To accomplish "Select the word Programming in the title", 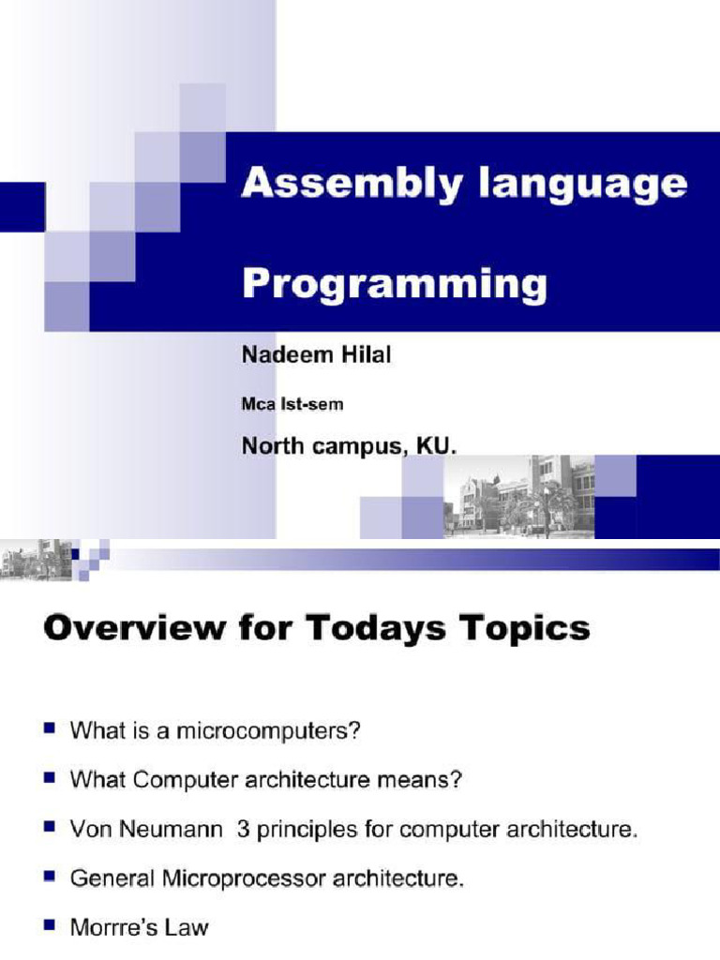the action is coord(395,286).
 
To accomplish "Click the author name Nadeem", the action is coord(287,354).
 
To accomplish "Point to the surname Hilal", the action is coord(367,354).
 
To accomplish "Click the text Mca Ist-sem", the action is coord(292,404).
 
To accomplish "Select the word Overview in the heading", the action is coord(134,628).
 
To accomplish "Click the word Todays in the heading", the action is coord(375,629).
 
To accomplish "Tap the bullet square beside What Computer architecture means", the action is coord(50,778).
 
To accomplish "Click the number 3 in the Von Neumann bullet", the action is coord(243,830).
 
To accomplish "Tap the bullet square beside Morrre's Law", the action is coord(50,925).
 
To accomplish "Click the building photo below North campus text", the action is coord(518,497).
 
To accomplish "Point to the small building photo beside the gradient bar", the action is coord(37,559).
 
